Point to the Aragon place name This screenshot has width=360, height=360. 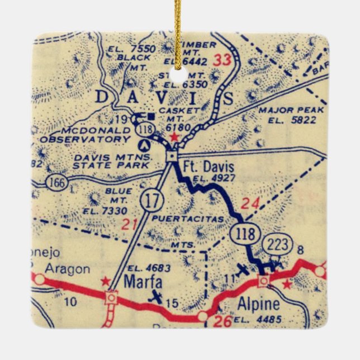click(67, 269)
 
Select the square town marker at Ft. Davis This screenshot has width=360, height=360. click(173, 157)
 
